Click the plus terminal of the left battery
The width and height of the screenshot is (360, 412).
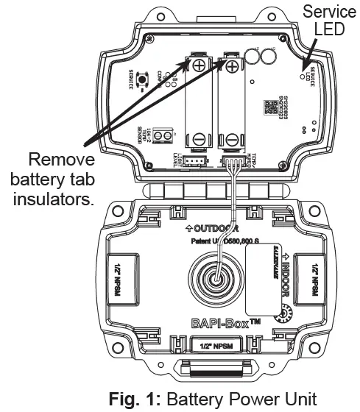(x=200, y=66)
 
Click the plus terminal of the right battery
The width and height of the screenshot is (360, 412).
(x=231, y=68)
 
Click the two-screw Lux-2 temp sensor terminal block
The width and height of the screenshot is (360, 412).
(x=169, y=136)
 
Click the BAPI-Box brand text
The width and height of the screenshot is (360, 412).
(x=215, y=322)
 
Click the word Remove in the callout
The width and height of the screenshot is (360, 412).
(x=60, y=160)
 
